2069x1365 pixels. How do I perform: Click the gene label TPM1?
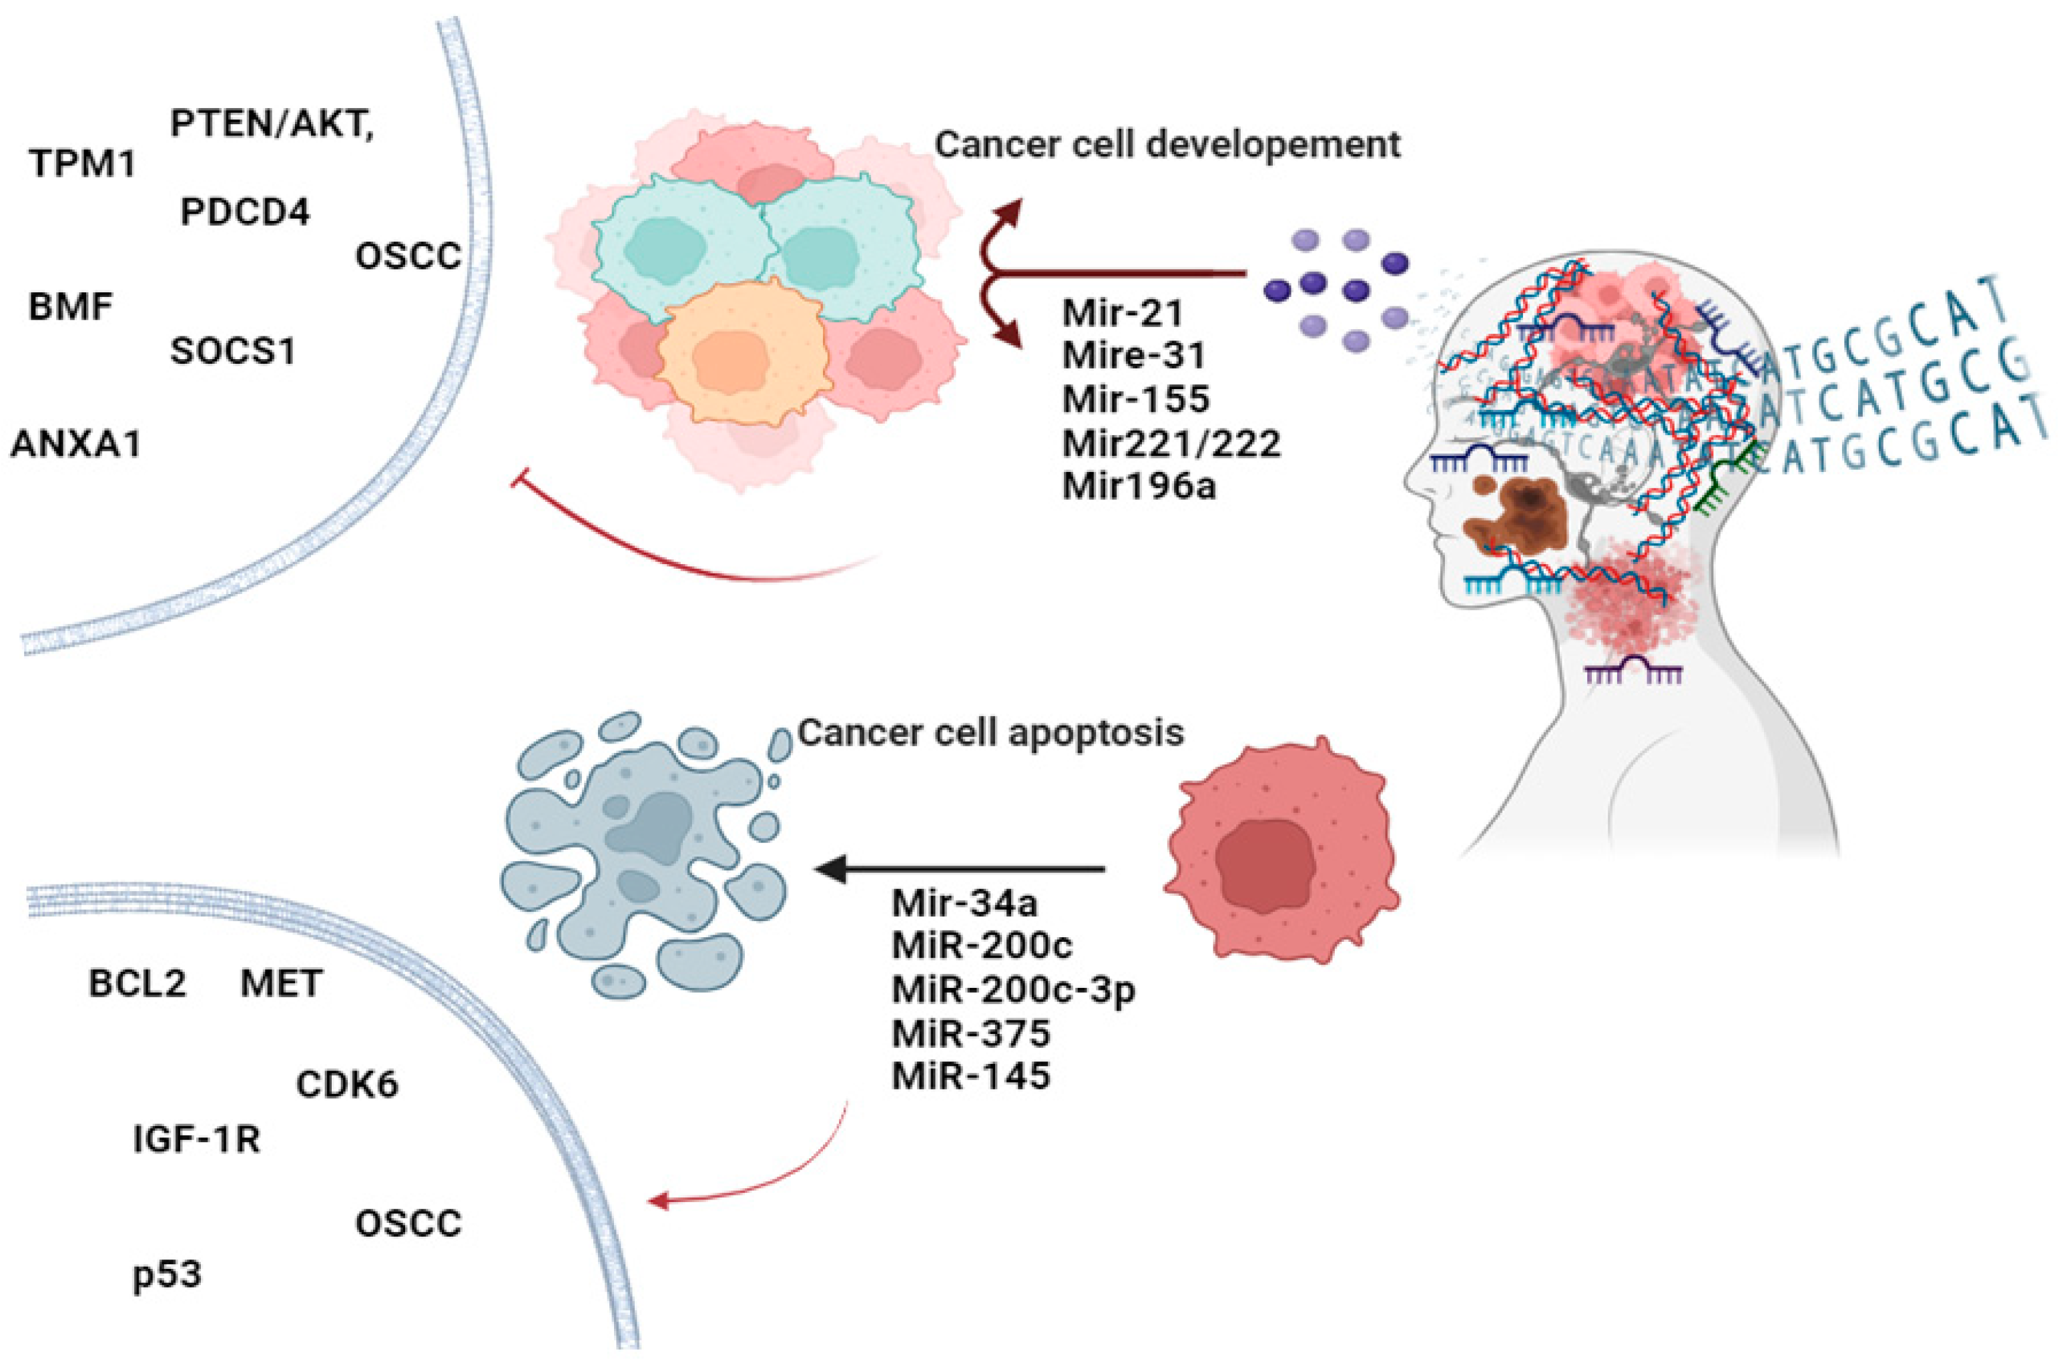coord(83,163)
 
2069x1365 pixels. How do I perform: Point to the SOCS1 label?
coord(232,351)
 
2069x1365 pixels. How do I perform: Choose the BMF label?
coord(71,307)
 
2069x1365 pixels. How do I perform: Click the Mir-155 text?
coord(1136,398)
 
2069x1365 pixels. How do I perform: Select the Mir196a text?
coord(1139,487)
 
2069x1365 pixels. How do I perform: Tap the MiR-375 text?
coord(970,1033)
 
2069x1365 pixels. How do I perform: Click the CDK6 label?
coord(346,1085)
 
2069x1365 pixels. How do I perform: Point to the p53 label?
coord(167,1274)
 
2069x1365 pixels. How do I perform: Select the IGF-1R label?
coord(197,1139)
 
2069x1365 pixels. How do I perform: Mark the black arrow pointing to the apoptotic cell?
coord(958,868)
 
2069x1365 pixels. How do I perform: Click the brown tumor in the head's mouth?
coord(1514,520)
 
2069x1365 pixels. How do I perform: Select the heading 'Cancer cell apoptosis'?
coord(990,733)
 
